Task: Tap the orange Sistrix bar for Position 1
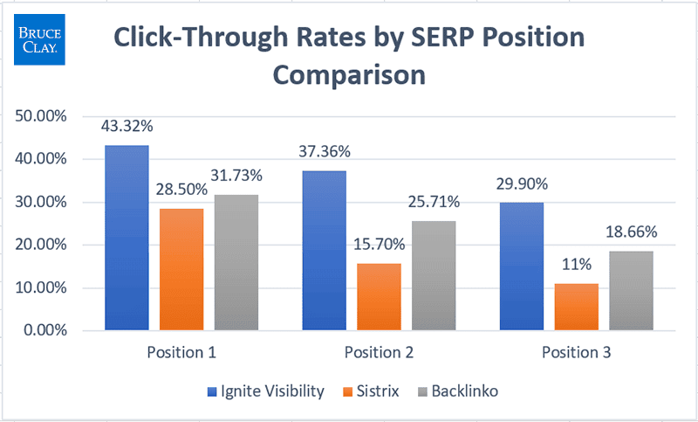[181, 269]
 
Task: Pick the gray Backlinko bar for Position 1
[236, 262]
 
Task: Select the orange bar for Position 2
[379, 297]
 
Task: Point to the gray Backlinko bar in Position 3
[631, 291]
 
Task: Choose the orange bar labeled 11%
[576, 307]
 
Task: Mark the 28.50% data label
[181, 190]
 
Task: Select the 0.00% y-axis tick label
[43, 330]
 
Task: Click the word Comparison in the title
[349, 74]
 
